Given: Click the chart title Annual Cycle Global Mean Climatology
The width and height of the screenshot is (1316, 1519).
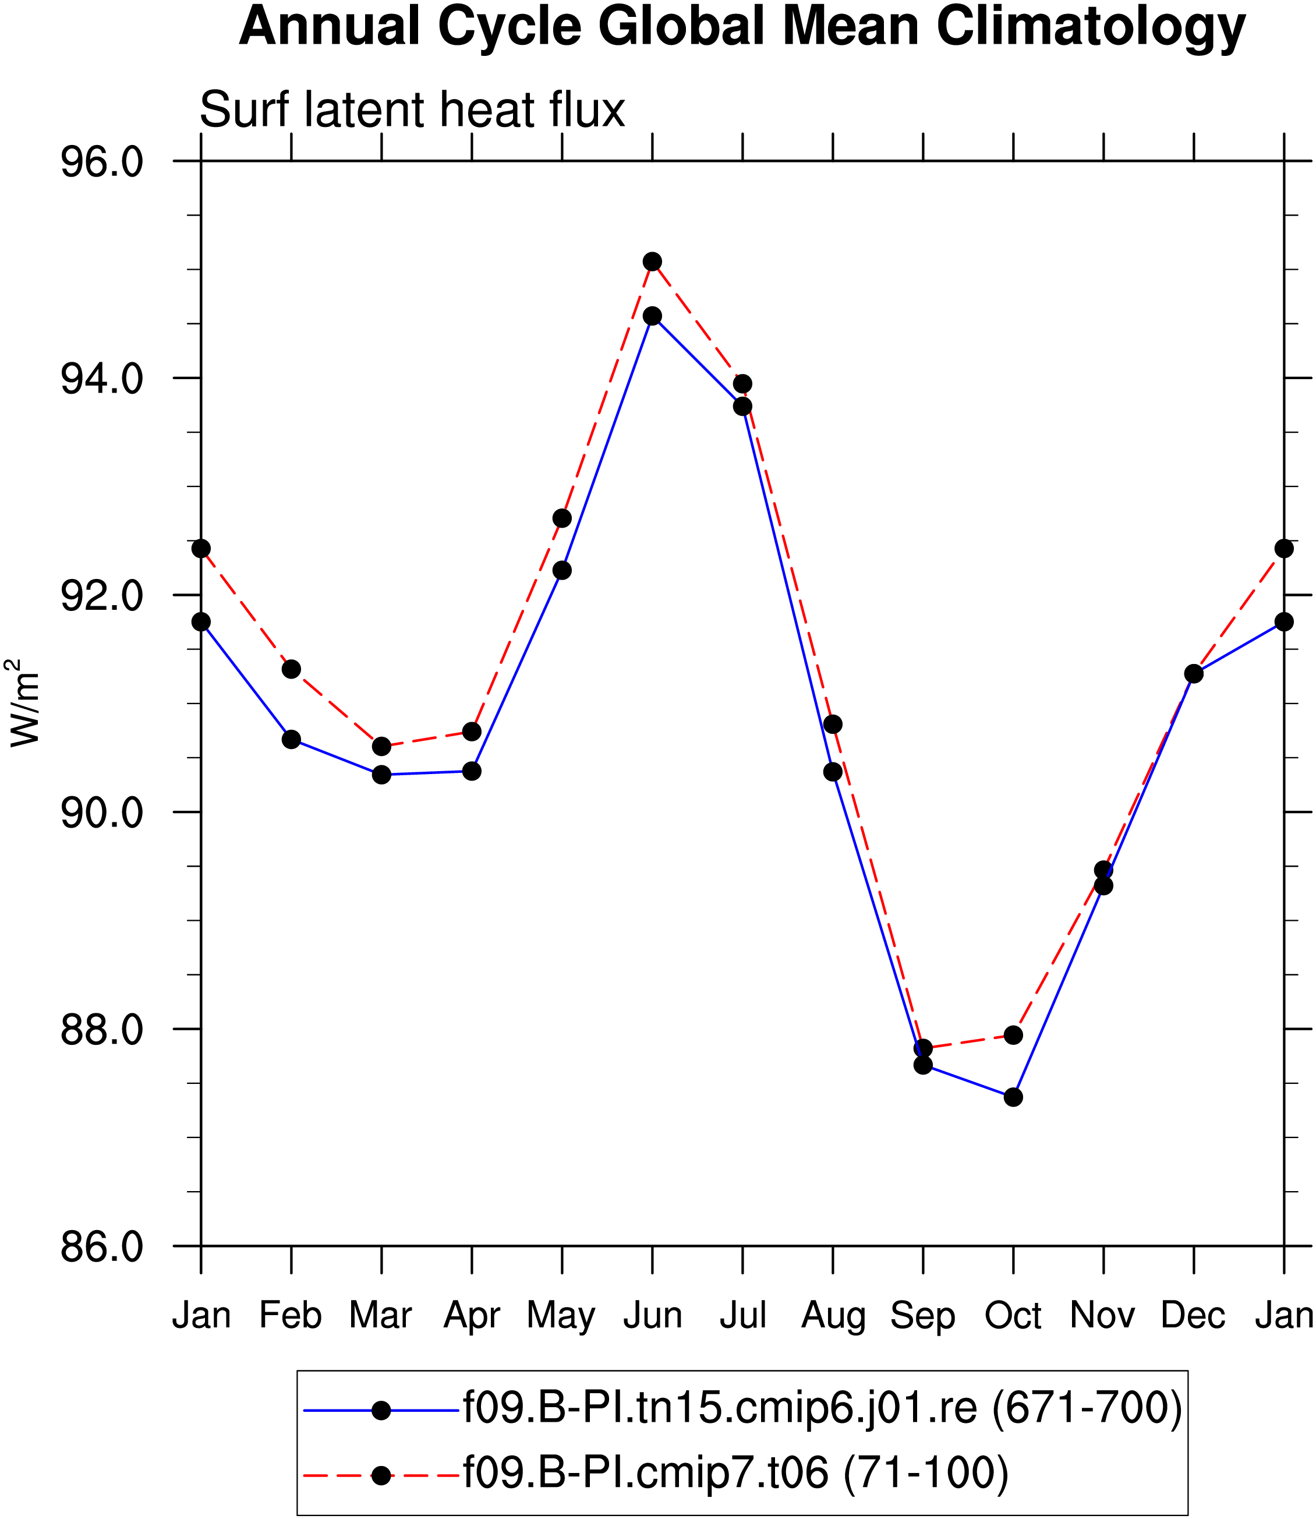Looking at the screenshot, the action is tap(742, 28).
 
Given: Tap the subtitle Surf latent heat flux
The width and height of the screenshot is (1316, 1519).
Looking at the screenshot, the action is tap(412, 110).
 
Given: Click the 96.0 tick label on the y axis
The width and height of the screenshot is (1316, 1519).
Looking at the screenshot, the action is tap(101, 161).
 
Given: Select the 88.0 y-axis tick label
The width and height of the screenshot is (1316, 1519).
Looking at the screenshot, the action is tap(101, 1030).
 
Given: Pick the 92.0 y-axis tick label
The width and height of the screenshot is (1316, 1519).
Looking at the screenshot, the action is tap(101, 596).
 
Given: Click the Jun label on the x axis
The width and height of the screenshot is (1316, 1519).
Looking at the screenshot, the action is tap(653, 1315).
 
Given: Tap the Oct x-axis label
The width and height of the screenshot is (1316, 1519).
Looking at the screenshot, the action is tap(1013, 1315).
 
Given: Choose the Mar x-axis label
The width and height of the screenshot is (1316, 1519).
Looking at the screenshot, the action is tap(380, 1315).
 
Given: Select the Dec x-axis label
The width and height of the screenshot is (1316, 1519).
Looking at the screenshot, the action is tap(1193, 1315).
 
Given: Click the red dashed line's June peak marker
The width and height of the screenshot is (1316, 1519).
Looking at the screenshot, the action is tap(652, 262).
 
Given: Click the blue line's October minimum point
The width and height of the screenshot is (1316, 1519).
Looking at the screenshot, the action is tap(1013, 1097).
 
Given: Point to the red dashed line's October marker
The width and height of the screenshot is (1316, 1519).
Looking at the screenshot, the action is tap(1013, 1035).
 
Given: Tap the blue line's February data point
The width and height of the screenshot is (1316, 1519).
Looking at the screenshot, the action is tap(292, 739).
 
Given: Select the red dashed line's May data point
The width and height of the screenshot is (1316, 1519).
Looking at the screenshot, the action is tap(562, 518).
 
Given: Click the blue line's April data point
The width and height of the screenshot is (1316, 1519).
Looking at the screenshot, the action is tap(472, 771).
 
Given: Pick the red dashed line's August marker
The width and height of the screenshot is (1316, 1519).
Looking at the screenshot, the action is tap(833, 725).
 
